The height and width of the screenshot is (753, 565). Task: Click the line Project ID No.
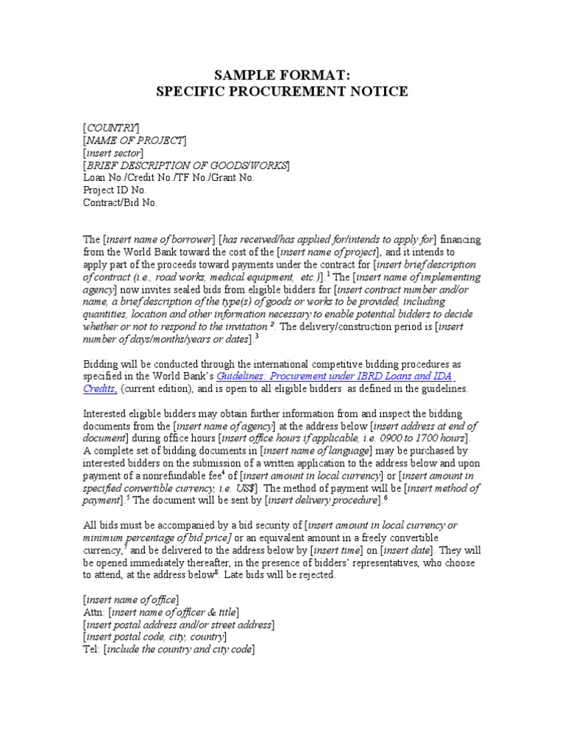(x=115, y=190)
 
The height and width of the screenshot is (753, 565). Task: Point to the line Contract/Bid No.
(x=121, y=202)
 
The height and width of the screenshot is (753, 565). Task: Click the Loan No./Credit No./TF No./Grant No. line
(x=168, y=177)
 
